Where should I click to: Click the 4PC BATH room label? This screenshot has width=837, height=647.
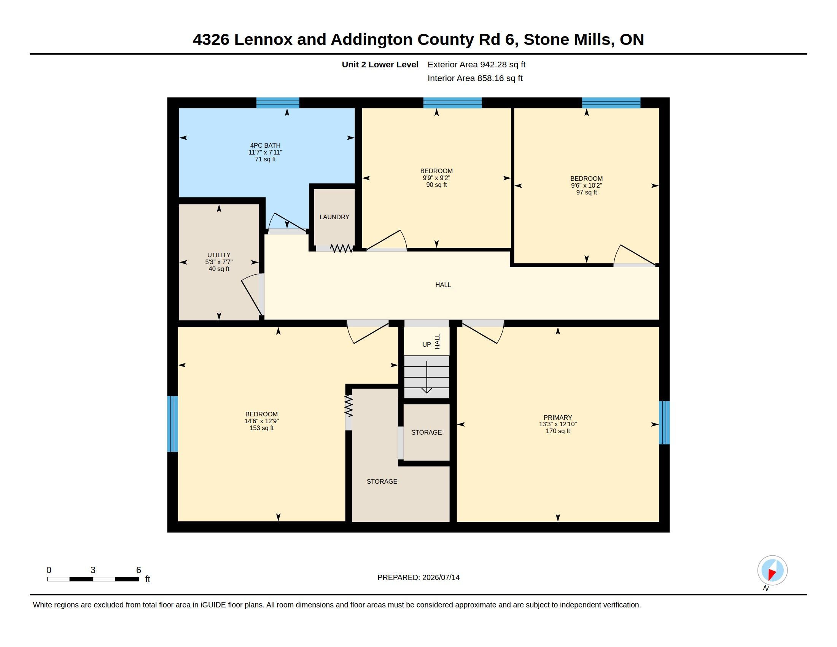pos(265,146)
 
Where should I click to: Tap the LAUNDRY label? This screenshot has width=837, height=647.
pos(334,217)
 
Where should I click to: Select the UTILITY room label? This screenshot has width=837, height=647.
pos(219,255)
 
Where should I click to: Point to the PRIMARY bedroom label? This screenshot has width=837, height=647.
pos(558,418)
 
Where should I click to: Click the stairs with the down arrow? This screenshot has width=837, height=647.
pos(426,377)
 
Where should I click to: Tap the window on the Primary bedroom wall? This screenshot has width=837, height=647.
pos(664,422)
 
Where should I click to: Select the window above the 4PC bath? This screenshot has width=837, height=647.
pos(278,103)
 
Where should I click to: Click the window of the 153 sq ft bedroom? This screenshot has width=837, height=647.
pos(172,424)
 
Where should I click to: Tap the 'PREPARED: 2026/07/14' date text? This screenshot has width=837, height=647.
pos(418,577)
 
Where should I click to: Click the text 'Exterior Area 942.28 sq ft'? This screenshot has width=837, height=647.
pos(476,64)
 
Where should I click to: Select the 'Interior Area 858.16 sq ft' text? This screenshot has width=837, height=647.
pos(475,78)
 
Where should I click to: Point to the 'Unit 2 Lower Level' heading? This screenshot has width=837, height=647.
pos(380,64)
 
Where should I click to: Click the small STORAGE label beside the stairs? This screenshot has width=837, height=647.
pos(426,432)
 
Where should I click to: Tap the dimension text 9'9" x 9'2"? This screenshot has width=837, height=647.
pos(436,178)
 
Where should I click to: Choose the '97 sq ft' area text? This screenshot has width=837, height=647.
pos(586,193)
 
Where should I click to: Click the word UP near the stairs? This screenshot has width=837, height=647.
pos(426,344)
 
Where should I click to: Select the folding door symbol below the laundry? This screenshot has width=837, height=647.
pos(341,249)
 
